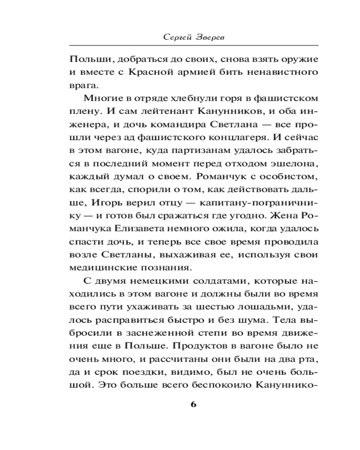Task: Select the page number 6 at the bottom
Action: [193, 403]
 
